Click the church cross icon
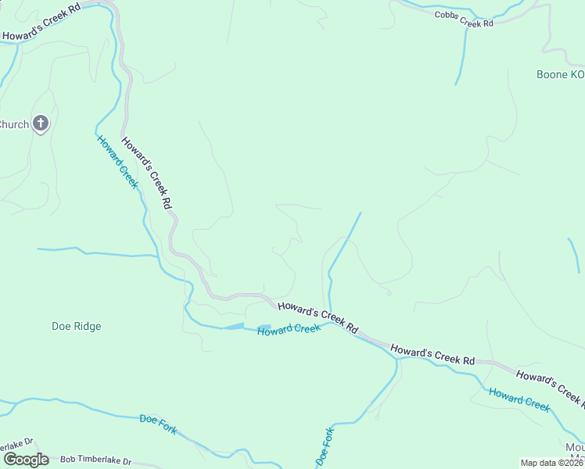(41, 124)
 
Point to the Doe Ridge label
(76, 326)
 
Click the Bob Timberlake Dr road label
(95, 461)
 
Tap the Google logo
(26, 459)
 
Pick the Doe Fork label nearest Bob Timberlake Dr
(158, 423)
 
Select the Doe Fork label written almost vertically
(325, 447)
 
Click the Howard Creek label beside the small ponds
(289, 330)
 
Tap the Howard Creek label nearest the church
(117, 162)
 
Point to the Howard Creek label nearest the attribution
(519, 399)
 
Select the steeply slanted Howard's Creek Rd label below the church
(146, 173)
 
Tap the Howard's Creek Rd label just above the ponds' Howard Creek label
(318, 315)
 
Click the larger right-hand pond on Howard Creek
(264, 327)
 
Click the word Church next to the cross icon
(13, 124)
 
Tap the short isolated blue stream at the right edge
(573, 255)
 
